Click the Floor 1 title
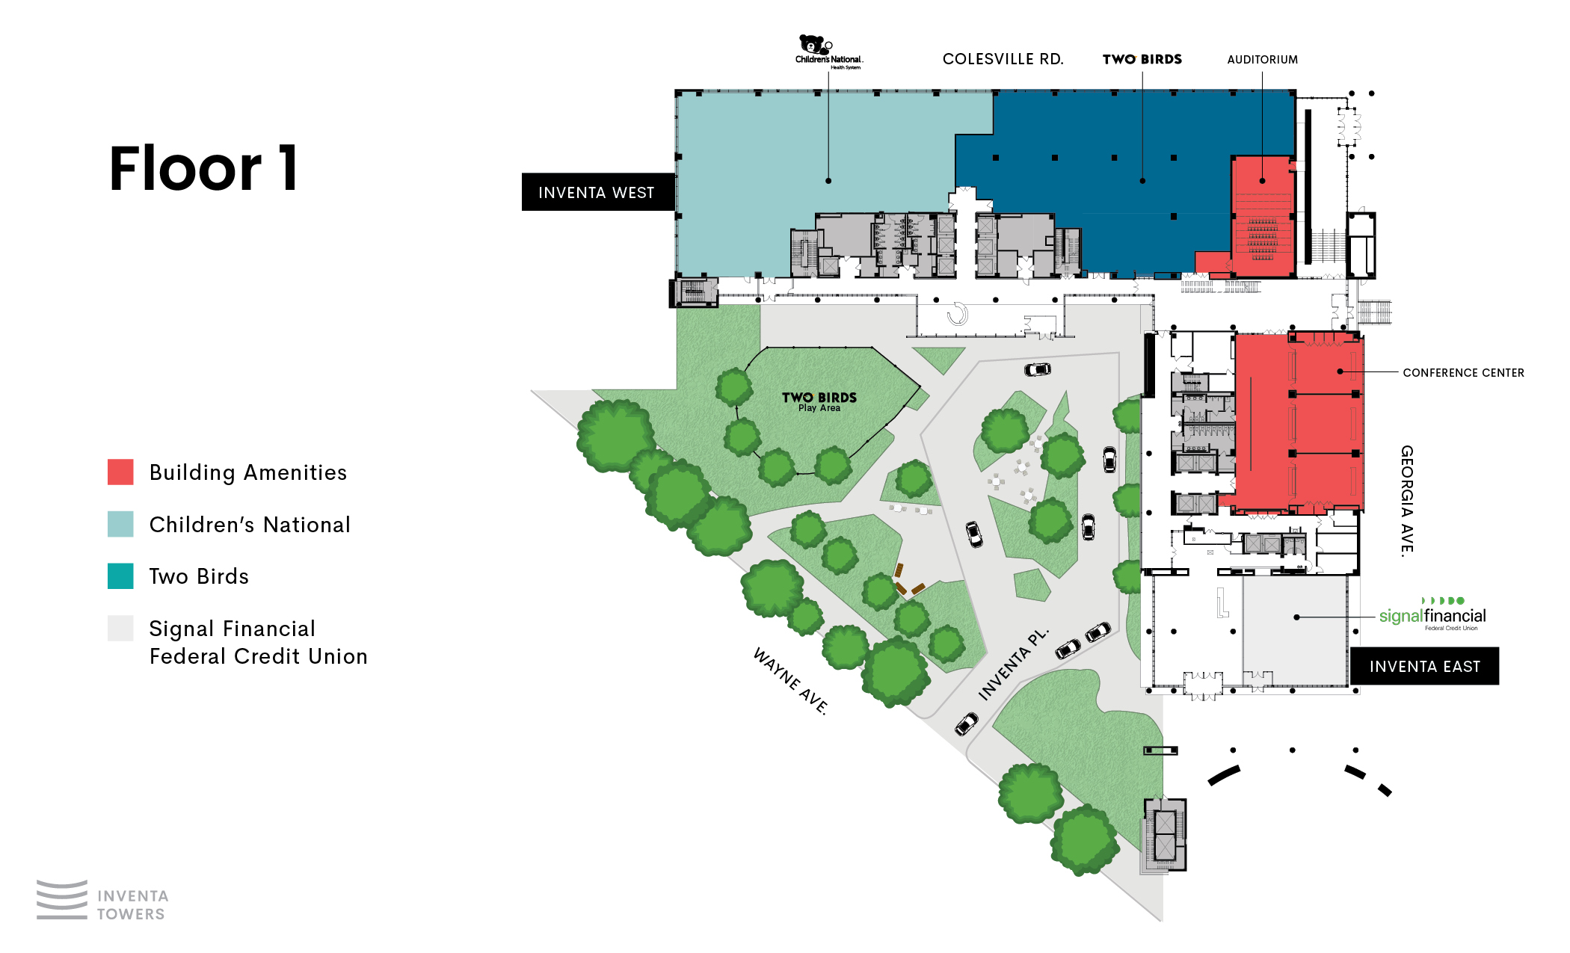coord(203,168)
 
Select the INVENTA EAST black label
coord(1424,666)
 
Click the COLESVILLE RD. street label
coord(1003,59)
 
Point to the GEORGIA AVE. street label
coord(1407,501)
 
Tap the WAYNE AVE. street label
coord(791,681)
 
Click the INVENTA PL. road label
coord(1014,664)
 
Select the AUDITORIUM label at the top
coord(1262,60)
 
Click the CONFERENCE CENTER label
coord(1463,372)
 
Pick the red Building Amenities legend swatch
coord(120,472)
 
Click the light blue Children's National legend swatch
coord(120,524)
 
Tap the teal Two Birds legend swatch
coord(120,576)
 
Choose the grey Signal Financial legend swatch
coord(120,628)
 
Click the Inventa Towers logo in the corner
coord(102,900)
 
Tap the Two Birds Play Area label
coord(819,401)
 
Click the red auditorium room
coord(1263,217)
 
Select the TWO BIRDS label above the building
coord(1142,59)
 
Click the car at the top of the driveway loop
coord(1037,369)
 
